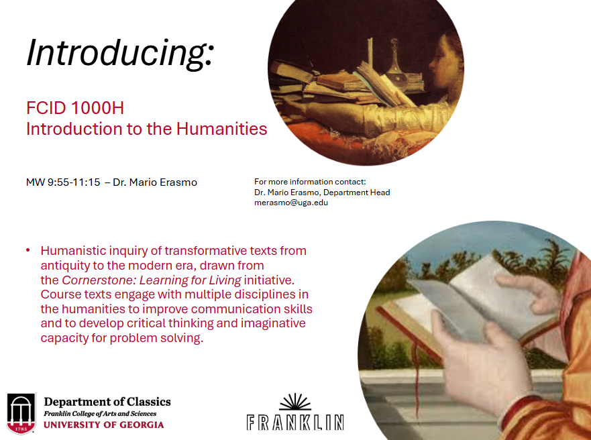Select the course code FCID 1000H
coord(75,108)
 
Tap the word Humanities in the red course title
coord(221,129)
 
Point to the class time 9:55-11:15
coord(74,182)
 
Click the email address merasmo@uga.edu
coord(291,203)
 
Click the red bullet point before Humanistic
coord(28,250)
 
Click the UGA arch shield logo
coord(21,413)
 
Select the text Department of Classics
coord(107,402)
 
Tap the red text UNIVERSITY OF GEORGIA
coord(104,425)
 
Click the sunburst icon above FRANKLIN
coord(295,402)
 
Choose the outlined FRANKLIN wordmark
coord(295,423)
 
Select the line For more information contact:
coord(310,182)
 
